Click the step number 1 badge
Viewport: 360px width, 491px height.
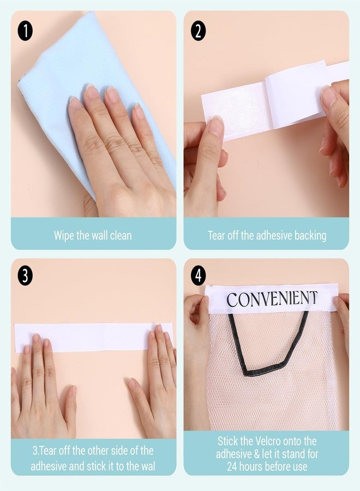[25, 31]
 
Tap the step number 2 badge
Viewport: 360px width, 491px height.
[198, 31]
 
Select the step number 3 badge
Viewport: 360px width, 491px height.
[25, 276]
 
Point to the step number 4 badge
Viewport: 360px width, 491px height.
[198, 276]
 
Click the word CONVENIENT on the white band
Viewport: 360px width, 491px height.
[272, 299]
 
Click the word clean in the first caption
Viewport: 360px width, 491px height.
[121, 236]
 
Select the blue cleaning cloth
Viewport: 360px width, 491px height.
[63, 78]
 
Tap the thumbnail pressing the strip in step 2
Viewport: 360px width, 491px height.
[216, 124]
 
